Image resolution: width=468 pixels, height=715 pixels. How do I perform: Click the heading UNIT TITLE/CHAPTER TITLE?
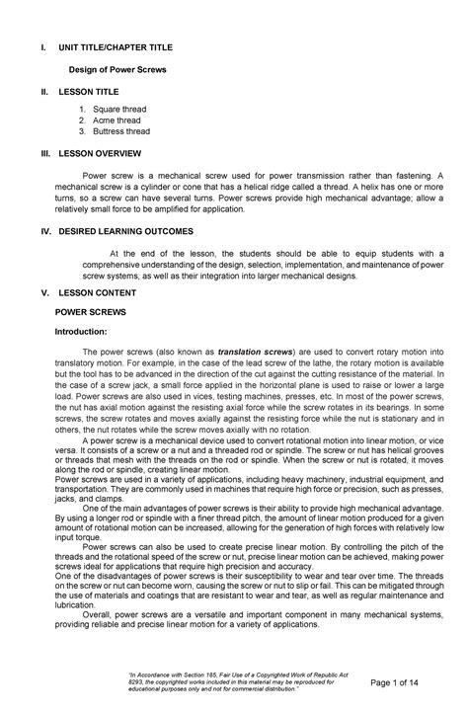(x=120, y=46)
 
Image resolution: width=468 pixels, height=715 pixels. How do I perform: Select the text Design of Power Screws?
(x=117, y=70)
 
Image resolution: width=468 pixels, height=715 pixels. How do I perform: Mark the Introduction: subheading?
(x=87, y=333)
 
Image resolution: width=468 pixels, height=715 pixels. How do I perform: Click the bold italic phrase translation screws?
(x=253, y=352)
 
